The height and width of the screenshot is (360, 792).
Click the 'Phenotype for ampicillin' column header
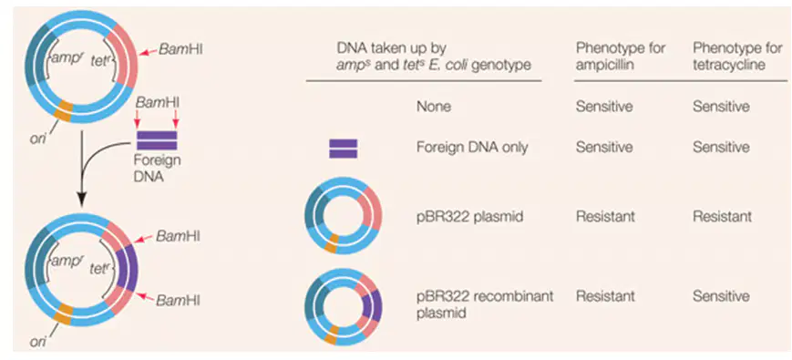621,56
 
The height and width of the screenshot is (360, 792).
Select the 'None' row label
434,107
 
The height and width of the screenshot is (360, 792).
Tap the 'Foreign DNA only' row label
472,147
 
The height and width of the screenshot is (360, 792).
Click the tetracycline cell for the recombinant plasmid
721,296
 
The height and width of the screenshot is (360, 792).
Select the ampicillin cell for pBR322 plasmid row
605,217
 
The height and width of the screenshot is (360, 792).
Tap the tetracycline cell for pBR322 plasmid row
722,217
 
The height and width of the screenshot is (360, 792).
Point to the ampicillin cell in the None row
604,107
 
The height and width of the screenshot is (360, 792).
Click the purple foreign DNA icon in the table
344,149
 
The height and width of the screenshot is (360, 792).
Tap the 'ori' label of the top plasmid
38,138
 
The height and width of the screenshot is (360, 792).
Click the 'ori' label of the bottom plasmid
38,343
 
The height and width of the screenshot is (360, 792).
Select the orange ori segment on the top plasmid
65,109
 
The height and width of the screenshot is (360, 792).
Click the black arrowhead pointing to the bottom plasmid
81,201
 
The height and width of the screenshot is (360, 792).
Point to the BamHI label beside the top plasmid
180,49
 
